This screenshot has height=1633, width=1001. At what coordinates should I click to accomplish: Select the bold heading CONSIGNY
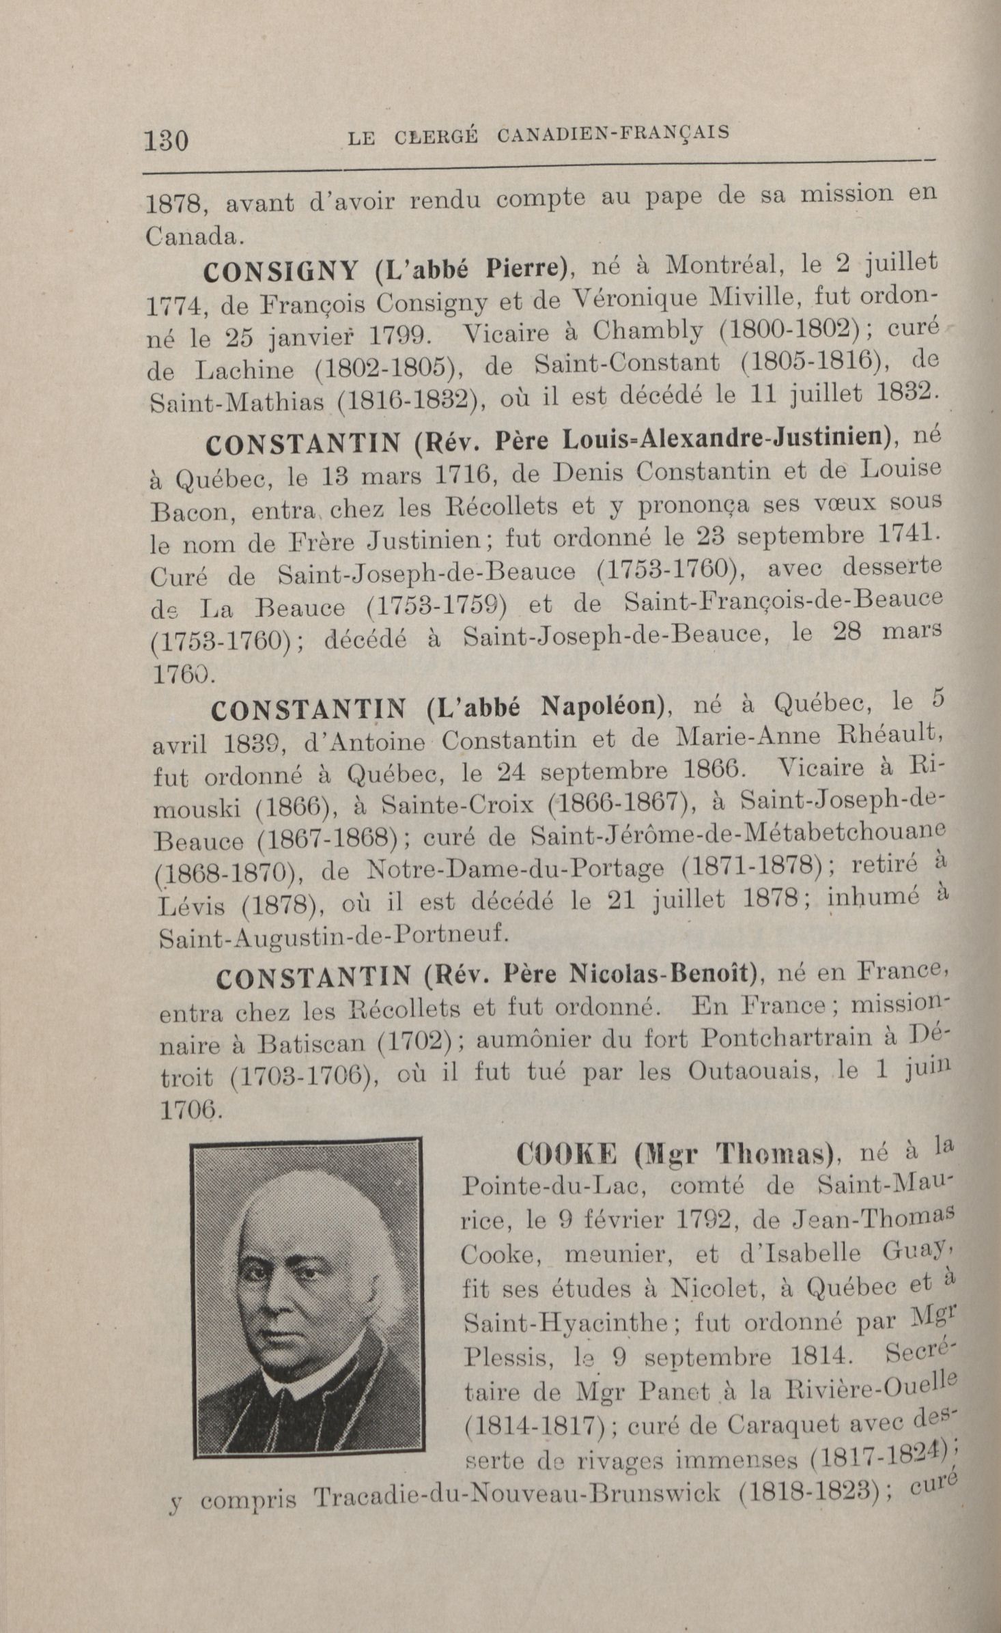[x=281, y=271]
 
